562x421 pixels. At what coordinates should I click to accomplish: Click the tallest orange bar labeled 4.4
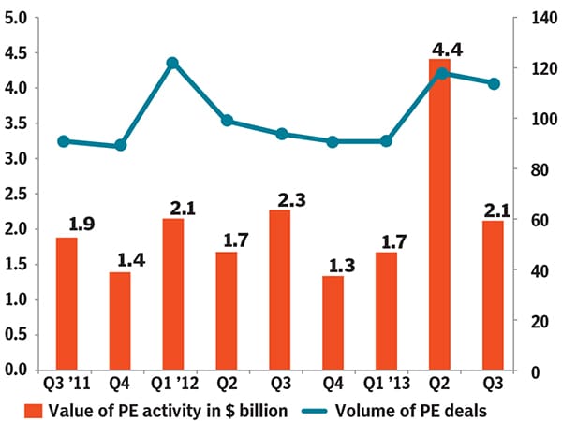tap(440, 215)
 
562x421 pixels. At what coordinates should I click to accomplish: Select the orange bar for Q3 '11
tap(67, 304)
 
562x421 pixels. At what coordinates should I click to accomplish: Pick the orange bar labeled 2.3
tap(280, 290)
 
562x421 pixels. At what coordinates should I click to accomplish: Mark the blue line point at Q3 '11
tap(63, 141)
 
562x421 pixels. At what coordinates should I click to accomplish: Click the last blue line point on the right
tap(495, 83)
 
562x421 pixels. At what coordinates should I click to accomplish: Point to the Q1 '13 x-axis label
tap(387, 385)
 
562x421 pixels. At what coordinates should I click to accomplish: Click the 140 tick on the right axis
tap(538, 18)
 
